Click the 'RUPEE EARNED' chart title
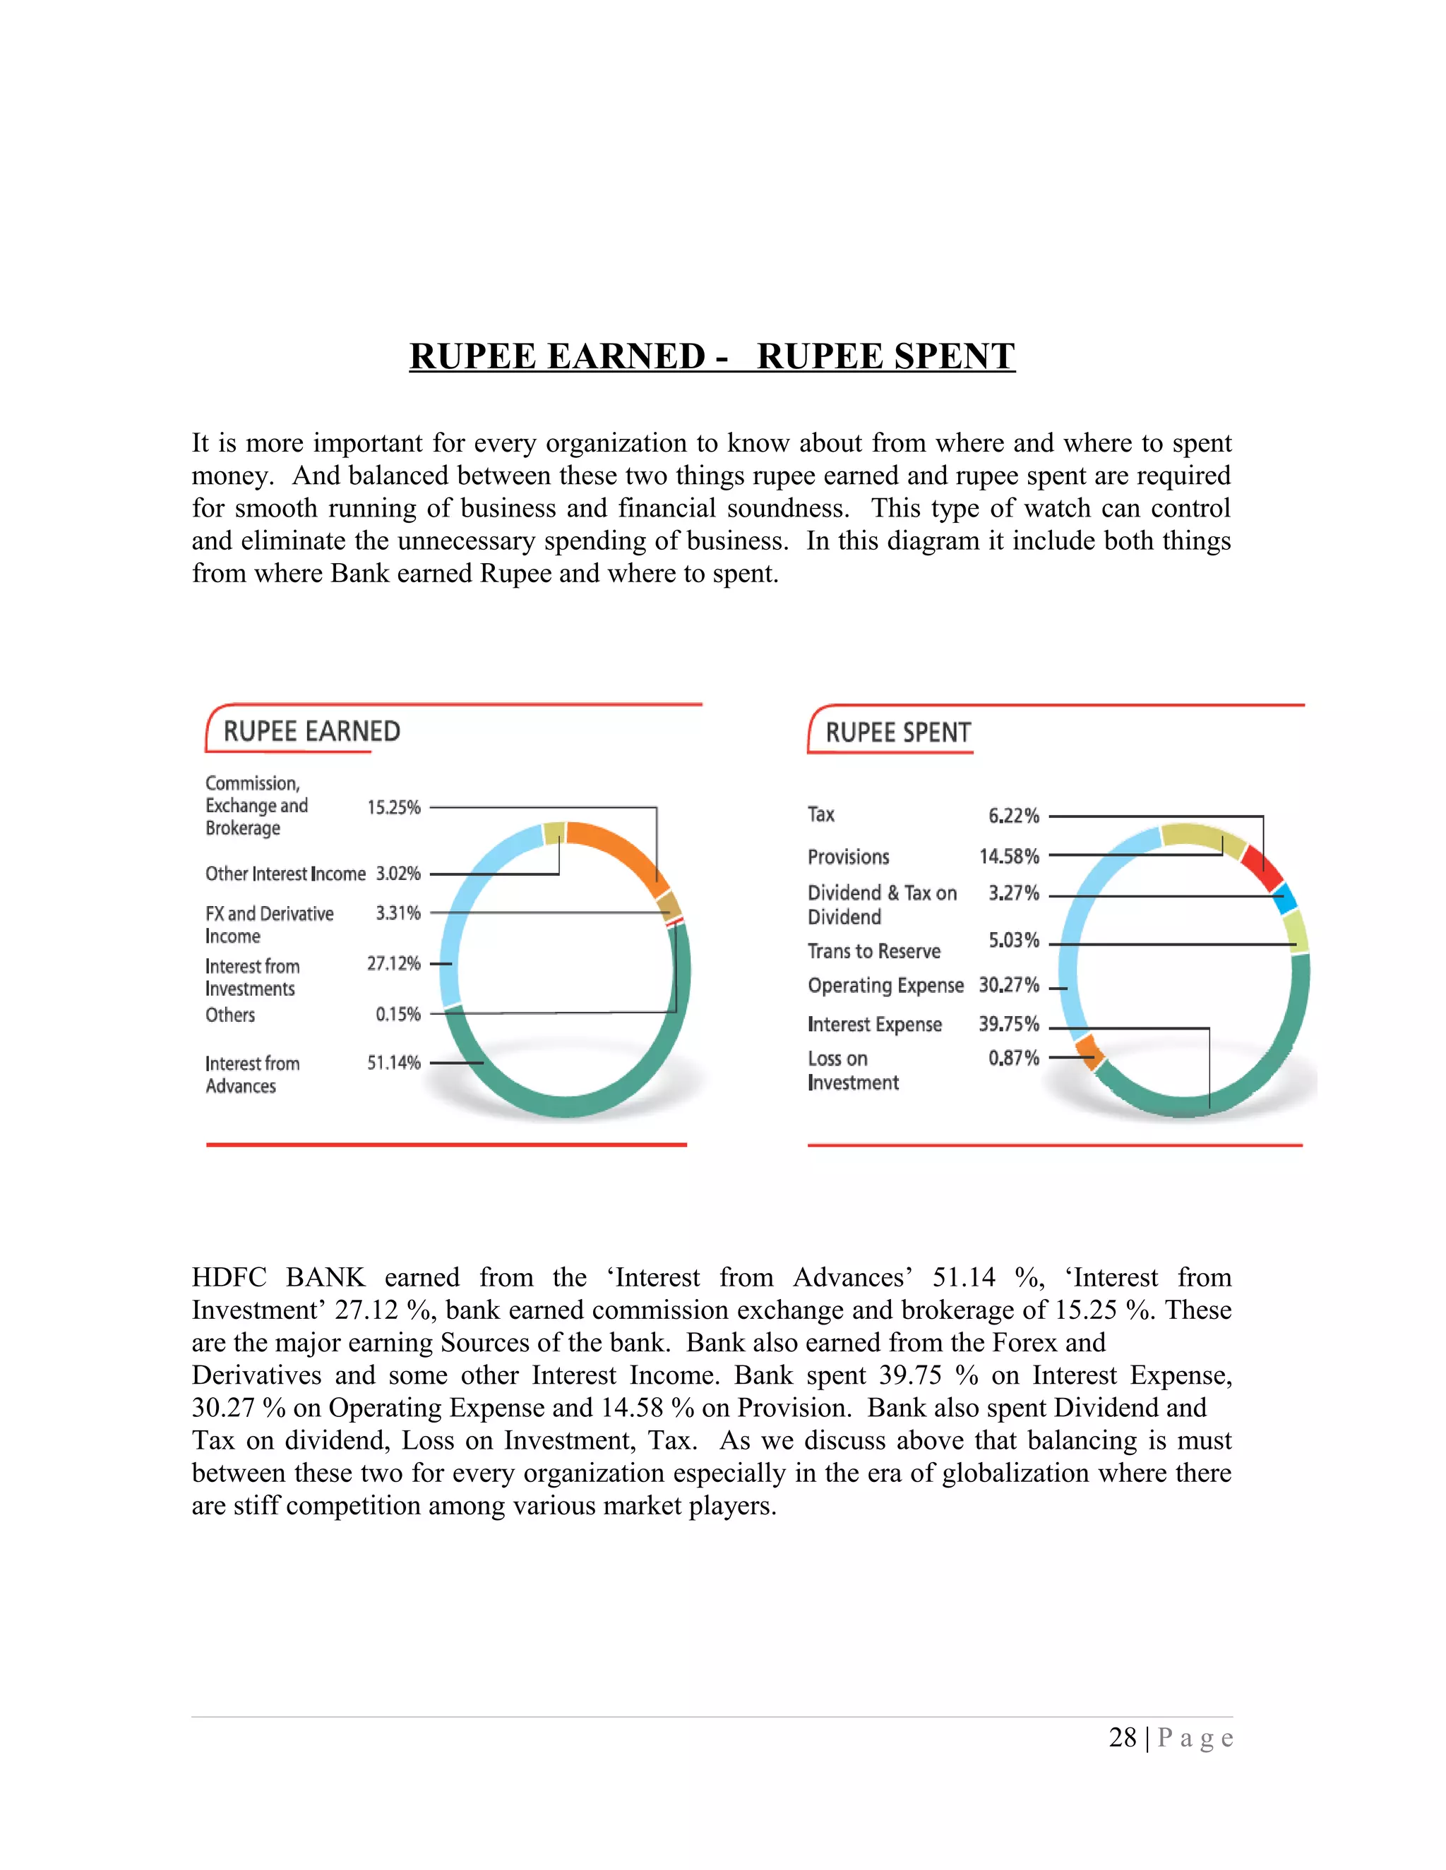[312, 731]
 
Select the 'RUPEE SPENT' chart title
[898, 733]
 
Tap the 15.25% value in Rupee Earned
[394, 807]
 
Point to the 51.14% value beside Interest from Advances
[394, 1063]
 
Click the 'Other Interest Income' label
[285, 874]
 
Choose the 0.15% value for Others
[398, 1015]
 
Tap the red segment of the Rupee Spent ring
[1262, 867]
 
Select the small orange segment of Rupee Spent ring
[1089, 1050]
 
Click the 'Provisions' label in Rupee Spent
[848, 857]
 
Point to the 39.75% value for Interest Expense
[1009, 1024]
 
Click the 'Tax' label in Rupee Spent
[820, 814]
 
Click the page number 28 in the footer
[1122, 1737]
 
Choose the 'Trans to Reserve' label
[874, 951]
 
